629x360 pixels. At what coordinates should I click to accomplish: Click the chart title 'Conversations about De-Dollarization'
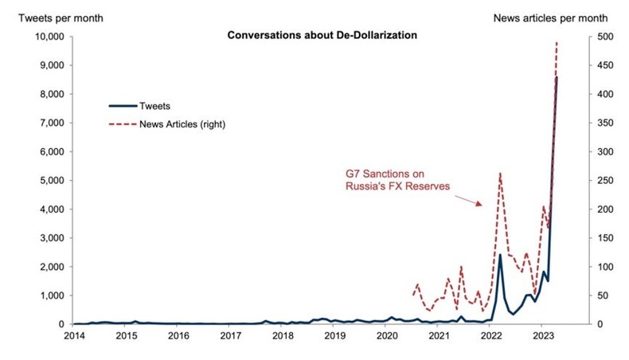tap(322, 36)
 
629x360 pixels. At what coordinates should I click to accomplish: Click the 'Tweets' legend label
tap(154, 105)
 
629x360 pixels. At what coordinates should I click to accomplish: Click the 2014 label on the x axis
tap(73, 336)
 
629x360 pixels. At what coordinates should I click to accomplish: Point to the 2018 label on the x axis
tap(282, 336)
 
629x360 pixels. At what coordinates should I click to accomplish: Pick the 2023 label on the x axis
tap(542, 336)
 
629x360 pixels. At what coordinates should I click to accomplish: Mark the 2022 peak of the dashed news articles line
tap(499, 173)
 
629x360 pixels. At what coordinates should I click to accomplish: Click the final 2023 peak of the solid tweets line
tap(557, 77)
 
